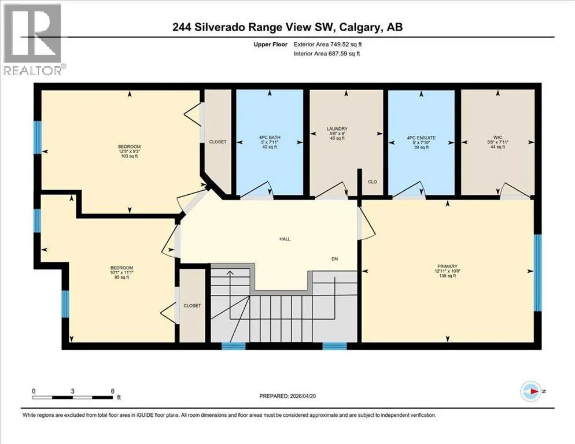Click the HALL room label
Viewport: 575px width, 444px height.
point(285,239)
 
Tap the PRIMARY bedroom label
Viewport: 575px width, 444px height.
point(447,266)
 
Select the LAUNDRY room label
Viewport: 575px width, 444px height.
point(337,129)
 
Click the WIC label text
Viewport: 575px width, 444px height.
point(497,138)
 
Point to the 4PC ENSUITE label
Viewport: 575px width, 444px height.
point(421,138)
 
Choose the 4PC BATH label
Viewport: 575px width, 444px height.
point(270,138)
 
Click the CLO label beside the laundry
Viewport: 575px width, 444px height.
point(372,182)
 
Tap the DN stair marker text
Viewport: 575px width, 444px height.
point(334,259)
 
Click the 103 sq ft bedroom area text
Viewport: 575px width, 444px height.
point(129,156)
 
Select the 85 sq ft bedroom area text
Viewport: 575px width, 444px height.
point(121,277)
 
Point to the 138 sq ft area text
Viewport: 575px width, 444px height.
point(447,276)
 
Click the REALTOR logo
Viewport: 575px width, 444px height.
point(32,39)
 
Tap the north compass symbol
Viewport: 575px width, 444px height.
point(530,391)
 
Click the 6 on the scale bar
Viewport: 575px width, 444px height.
point(113,391)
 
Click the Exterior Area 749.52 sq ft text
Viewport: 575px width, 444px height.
point(328,45)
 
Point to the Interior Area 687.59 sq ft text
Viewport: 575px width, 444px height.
point(327,54)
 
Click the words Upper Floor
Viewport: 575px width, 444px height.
point(270,45)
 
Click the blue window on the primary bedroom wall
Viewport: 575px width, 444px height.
point(537,272)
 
